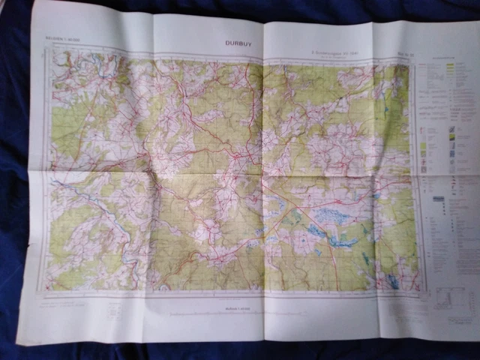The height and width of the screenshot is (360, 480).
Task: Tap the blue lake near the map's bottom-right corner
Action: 392,281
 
